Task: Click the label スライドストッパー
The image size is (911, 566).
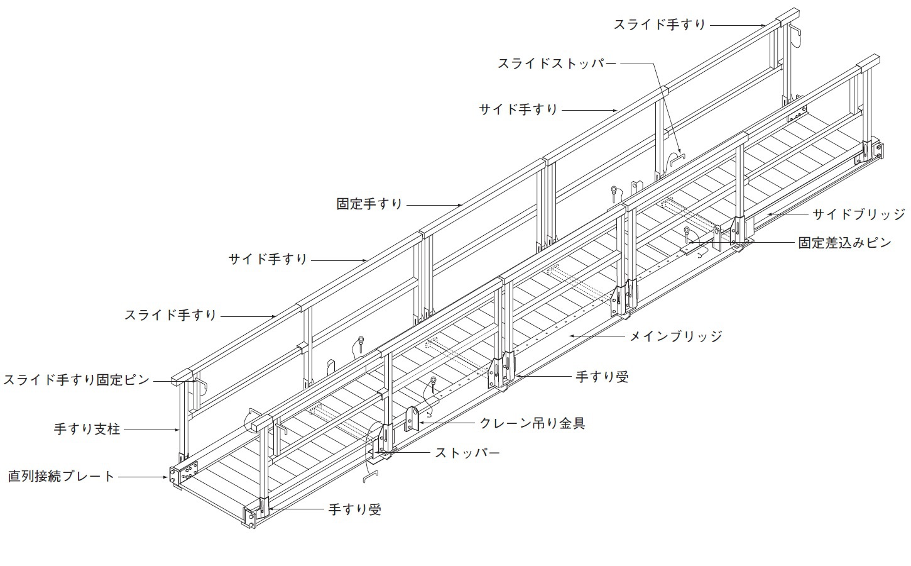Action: coord(557,64)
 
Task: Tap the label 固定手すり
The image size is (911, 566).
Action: coord(369,204)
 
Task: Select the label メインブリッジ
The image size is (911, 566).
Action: coord(676,336)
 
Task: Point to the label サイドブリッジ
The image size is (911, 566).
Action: coord(859,214)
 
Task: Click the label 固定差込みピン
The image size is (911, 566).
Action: coord(845,243)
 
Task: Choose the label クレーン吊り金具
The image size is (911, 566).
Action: coord(533,423)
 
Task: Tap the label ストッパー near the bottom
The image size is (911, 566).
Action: coord(467,453)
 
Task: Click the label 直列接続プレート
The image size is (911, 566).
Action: coord(62,477)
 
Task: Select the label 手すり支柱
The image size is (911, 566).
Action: coord(87,429)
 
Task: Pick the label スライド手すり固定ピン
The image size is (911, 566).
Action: coord(77,380)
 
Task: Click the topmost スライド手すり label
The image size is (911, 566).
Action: coord(659,25)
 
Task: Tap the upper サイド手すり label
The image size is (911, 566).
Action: coord(518,109)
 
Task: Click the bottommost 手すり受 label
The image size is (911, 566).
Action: coord(354,509)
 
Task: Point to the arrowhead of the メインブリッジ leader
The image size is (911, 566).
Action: coord(570,336)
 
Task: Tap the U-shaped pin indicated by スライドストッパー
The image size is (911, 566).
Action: coord(677,159)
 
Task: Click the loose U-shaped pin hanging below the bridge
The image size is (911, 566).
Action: coord(371,477)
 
